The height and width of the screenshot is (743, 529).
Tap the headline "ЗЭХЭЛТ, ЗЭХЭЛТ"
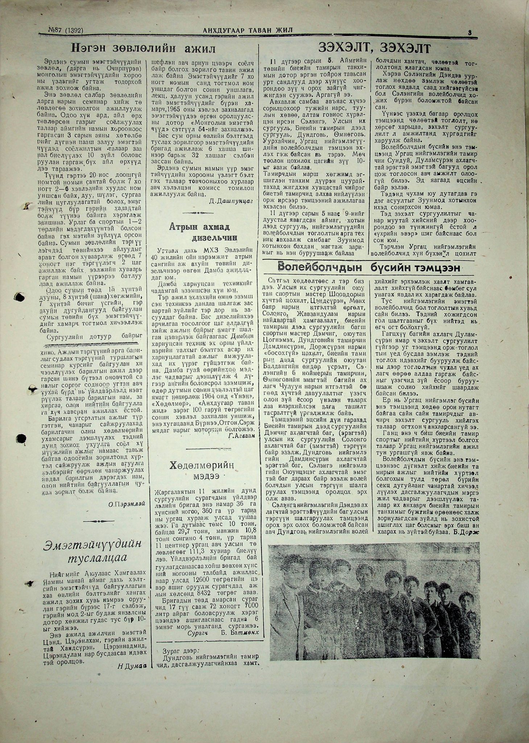click(375, 48)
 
